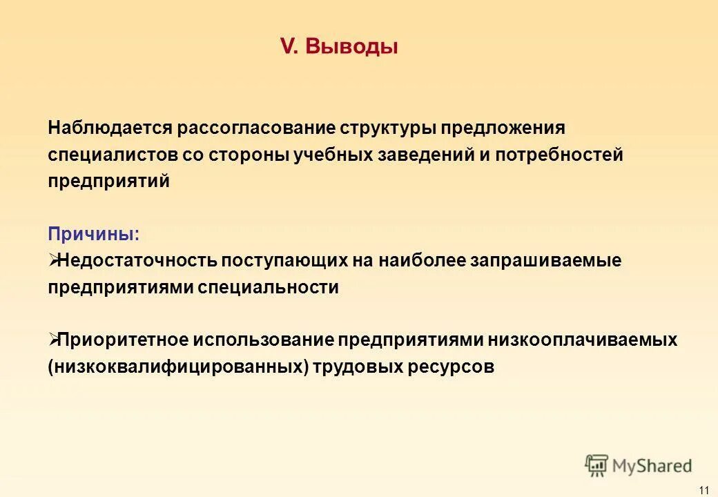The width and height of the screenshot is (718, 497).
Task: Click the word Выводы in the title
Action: click(x=351, y=47)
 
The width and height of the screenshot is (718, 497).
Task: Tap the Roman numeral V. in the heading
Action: click(x=288, y=47)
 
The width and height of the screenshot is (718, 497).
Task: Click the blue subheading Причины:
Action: click(x=93, y=234)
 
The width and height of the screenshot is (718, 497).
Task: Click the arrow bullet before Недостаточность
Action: click(x=54, y=260)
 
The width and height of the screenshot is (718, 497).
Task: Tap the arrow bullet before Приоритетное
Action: click(x=54, y=339)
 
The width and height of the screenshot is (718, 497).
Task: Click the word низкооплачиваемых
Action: click(x=583, y=340)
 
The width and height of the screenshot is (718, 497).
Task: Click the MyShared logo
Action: click(x=639, y=465)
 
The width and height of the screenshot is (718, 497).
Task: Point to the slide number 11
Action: click(x=704, y=489)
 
